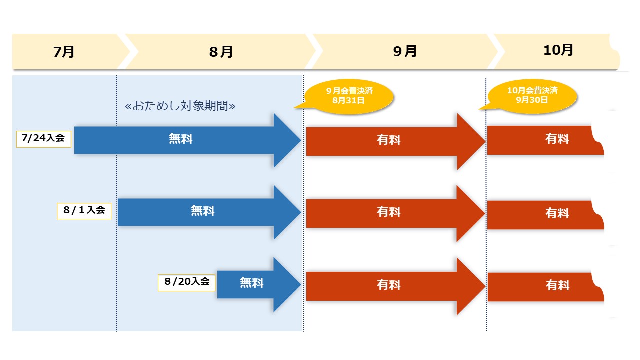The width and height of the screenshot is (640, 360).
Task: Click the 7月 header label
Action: [64, 52]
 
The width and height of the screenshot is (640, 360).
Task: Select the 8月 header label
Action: [221, 52]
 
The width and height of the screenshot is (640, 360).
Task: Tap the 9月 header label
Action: [404, 52]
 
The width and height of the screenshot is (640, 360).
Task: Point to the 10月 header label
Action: [558, 50]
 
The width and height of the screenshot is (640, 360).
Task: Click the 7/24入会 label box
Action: [44, 138]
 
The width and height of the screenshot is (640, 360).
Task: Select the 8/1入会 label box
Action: [84, 210]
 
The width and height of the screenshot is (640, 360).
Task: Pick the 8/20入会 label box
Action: [187, 282]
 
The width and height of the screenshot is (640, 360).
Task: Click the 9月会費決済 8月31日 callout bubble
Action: [349, 95]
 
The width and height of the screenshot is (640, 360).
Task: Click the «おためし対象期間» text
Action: [180, 106]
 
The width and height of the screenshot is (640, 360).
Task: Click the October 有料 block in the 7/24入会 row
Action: [545, 140]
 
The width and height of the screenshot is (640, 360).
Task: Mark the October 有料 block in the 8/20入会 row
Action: [545, 287]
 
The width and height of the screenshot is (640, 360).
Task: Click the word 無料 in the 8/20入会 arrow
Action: [251, 283]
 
